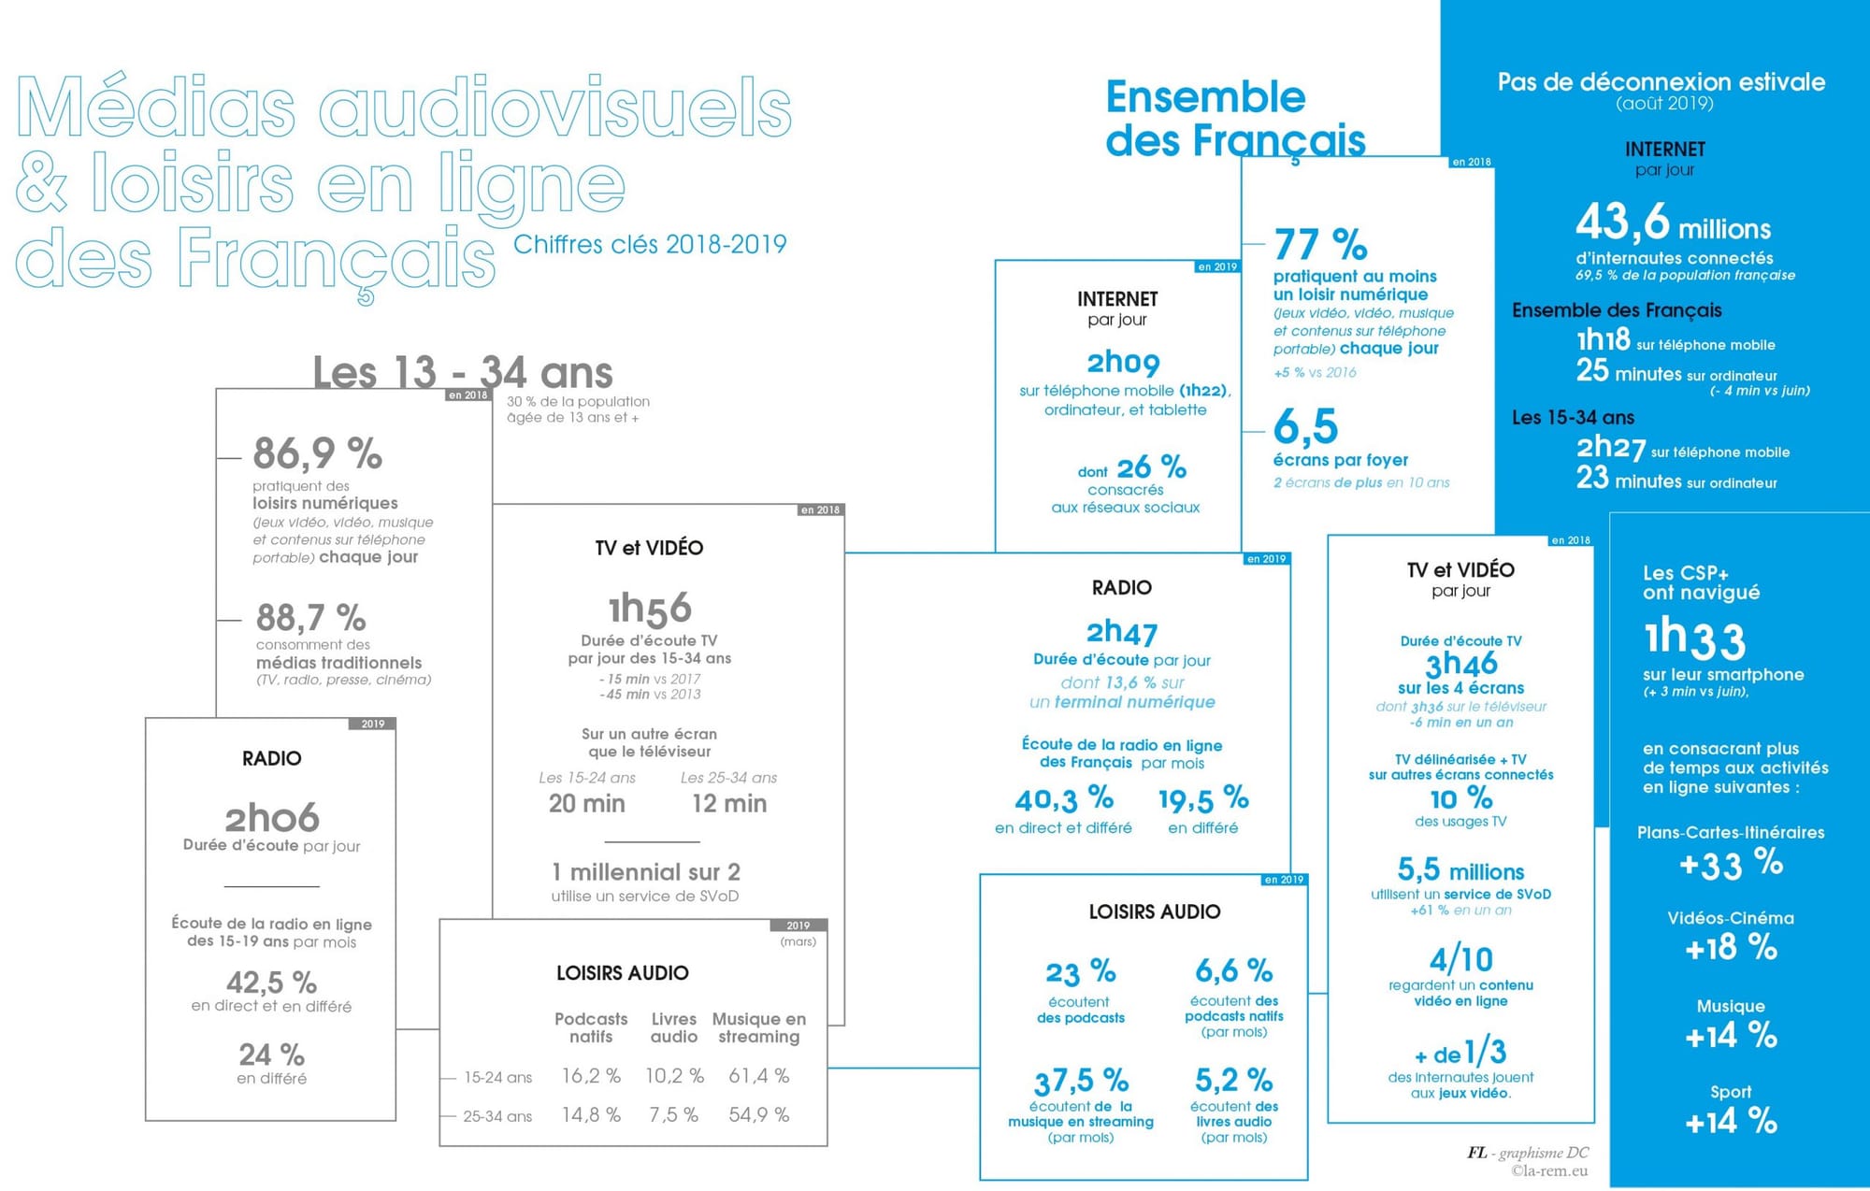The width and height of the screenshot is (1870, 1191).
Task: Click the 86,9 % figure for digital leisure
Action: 317,454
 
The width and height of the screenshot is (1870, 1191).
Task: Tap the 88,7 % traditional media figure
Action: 310,618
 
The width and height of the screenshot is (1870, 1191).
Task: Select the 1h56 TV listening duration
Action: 650,609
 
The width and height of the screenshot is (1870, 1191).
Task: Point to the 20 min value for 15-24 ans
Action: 586,804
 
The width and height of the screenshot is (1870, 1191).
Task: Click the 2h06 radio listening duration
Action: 272,818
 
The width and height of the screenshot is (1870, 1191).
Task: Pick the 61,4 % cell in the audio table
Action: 758,1076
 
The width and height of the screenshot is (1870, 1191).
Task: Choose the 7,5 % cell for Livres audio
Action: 673,1115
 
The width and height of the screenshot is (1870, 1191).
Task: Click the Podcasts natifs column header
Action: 591,1027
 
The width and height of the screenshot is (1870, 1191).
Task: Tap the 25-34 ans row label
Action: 497,1116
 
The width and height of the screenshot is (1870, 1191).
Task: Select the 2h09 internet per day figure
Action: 1123,362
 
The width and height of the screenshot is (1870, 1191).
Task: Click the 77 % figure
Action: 1320,245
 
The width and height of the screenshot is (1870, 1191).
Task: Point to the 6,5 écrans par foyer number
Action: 1306,426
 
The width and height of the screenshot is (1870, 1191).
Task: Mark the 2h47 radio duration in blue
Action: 1122,633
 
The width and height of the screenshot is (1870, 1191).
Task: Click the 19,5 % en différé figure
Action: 1203,799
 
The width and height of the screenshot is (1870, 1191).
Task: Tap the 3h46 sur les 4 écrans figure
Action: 1460,664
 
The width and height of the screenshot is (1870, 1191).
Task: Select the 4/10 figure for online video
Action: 1460,959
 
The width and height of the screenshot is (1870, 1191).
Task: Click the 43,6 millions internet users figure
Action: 1673,224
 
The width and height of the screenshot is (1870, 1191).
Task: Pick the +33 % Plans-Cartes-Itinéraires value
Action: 1731,864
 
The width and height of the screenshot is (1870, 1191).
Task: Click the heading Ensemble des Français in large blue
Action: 1235,120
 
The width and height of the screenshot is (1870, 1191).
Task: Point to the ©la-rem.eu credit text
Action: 1549,1170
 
